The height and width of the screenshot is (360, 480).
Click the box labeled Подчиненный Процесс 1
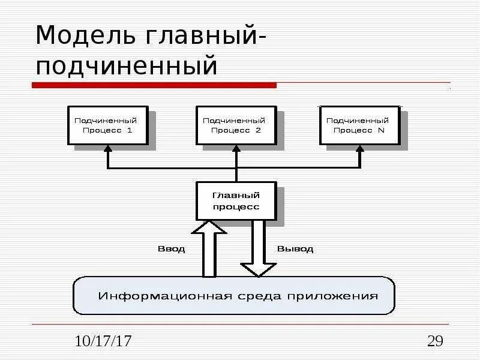tap(107, 125)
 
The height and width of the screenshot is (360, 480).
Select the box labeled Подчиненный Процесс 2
tap(236, 125)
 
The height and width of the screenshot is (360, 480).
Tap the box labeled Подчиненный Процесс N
tap(359, 125)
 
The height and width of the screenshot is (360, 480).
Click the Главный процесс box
tap(236, 201)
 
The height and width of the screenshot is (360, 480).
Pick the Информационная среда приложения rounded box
tap(234, 296)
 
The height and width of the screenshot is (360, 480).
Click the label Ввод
tap(171, 248)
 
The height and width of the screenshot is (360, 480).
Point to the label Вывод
tap(295, 248)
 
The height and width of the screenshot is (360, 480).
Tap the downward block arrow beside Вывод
tap(258, 249)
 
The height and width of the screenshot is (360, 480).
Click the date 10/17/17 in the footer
tap(103, 342)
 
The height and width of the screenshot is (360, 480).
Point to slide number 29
tap(435, 342)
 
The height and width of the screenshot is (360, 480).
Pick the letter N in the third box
tap(382, 130)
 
